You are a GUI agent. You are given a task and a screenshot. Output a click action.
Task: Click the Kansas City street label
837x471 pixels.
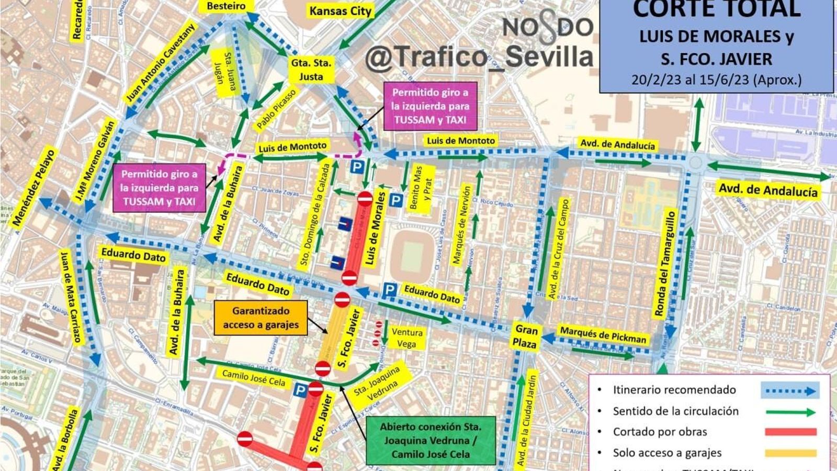(x=340, y=11)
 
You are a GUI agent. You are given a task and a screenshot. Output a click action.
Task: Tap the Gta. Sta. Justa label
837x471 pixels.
(x=311, y=70)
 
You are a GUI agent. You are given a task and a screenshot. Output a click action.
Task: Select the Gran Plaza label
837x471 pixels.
(x=525, y=336)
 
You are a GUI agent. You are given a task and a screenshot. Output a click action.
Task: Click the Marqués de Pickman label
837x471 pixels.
(x=603, y=334)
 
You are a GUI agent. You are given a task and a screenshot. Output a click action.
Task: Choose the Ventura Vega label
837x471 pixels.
(x=406, y=338)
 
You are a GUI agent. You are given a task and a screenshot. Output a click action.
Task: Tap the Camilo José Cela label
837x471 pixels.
(x=254, y=378)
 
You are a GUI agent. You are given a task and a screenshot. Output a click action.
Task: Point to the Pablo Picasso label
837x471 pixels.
(x=276, y=109)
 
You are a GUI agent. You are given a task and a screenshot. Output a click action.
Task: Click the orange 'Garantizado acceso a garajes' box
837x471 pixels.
(x=261, y=318)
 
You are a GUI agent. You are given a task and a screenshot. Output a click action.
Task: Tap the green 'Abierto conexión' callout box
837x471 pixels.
(x=431, y=441)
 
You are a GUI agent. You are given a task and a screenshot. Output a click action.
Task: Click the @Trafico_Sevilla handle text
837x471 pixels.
(x=479, y=57)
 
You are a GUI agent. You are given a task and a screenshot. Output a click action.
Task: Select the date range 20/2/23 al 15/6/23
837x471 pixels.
(x=716, y=80)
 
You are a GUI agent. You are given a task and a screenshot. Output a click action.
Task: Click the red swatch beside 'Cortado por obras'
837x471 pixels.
(x=790, y=432)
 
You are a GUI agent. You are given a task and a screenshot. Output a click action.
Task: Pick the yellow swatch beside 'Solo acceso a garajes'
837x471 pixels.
(x=790, y=453)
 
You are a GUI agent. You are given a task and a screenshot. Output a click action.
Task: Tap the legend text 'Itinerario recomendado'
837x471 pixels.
(x=674, y=390)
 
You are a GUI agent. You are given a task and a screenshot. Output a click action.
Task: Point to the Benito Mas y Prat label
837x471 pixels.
(x=422, y=188)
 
